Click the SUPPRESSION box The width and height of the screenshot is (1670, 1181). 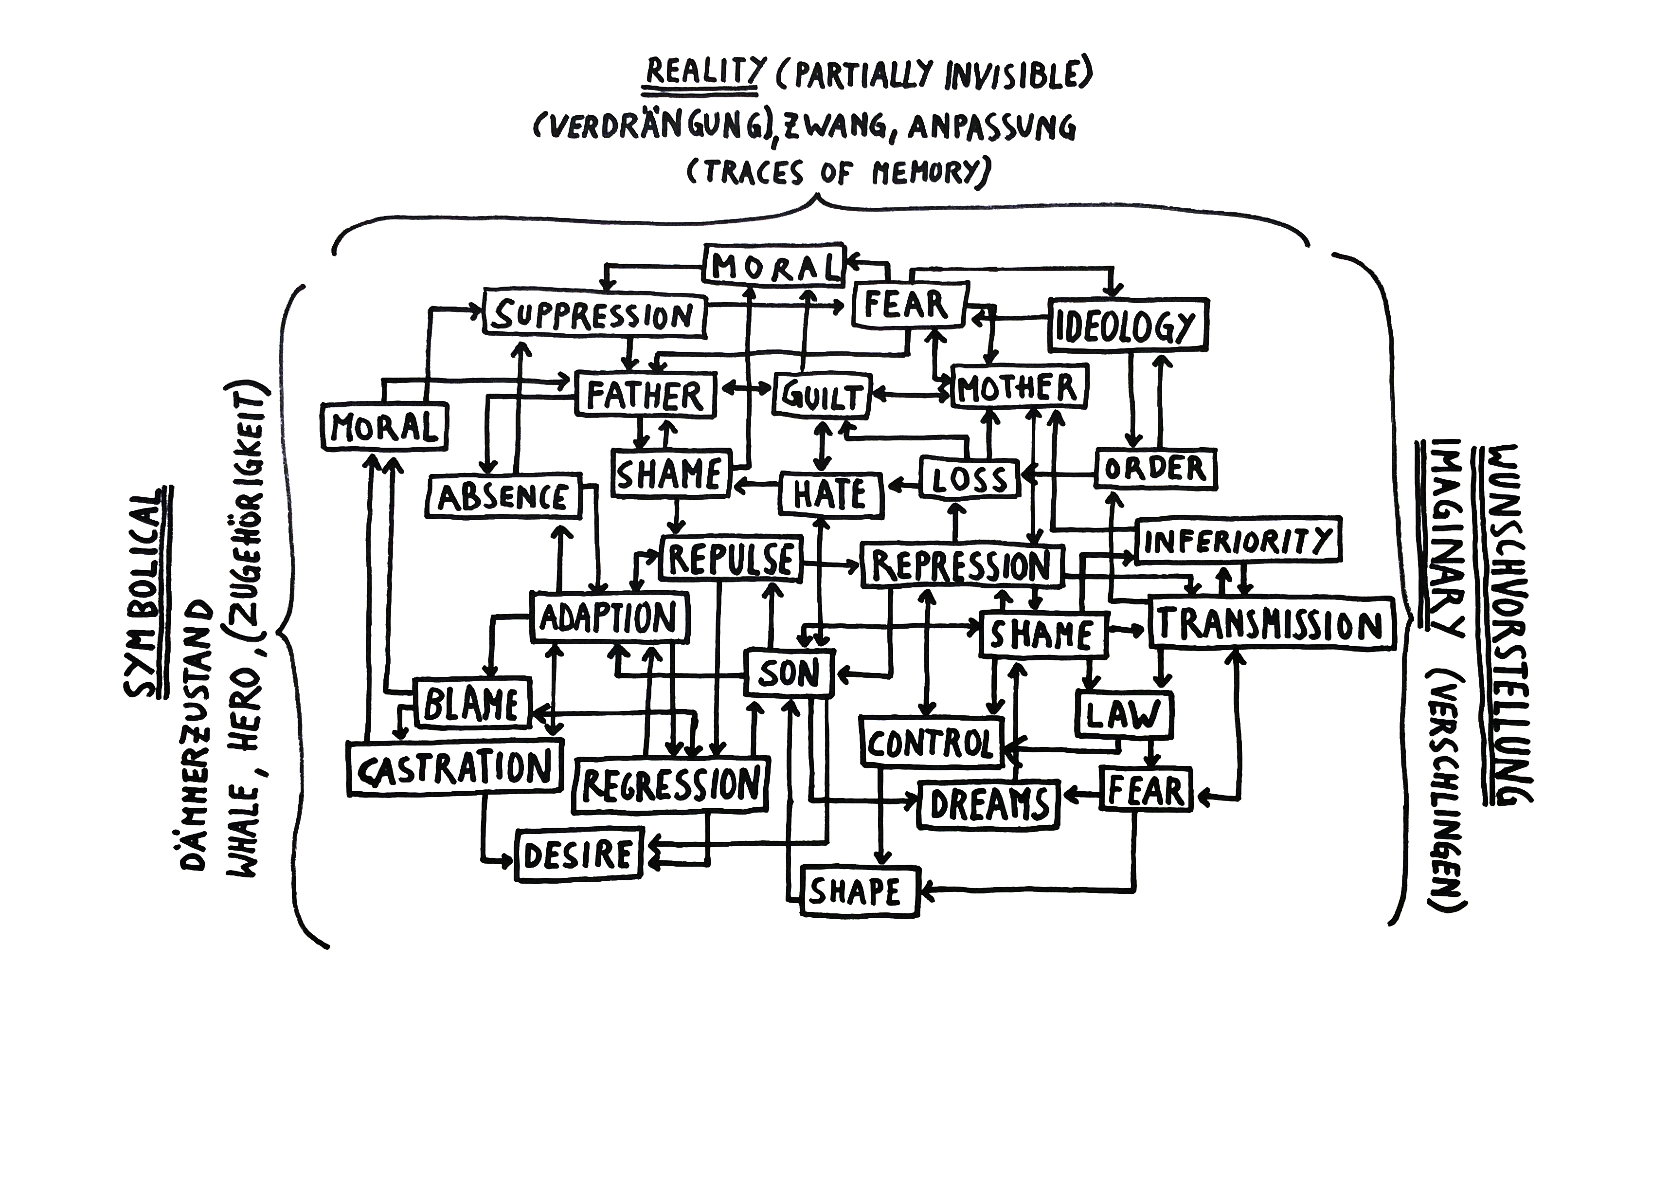click(594, 315)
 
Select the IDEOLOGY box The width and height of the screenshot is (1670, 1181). click(1128, 325)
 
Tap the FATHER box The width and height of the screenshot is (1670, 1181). click(645, 395)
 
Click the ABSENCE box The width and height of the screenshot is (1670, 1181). click(503, 498)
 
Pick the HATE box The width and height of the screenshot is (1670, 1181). click(830, 494)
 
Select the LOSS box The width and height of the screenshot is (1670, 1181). click(970, 478)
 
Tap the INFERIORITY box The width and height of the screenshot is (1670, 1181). click(1238, 541)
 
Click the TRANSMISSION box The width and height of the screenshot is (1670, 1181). click(1271, 624)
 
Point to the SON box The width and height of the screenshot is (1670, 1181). click(789, 672)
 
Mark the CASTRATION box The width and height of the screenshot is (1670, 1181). click(455, 768)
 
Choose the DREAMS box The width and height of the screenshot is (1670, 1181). click(989, 804)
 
